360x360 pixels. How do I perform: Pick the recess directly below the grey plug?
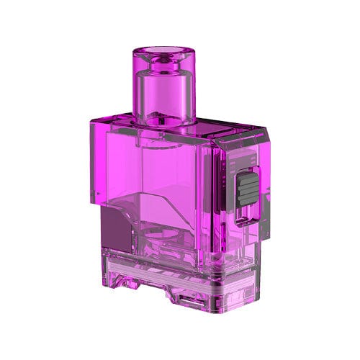point(246,223)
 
